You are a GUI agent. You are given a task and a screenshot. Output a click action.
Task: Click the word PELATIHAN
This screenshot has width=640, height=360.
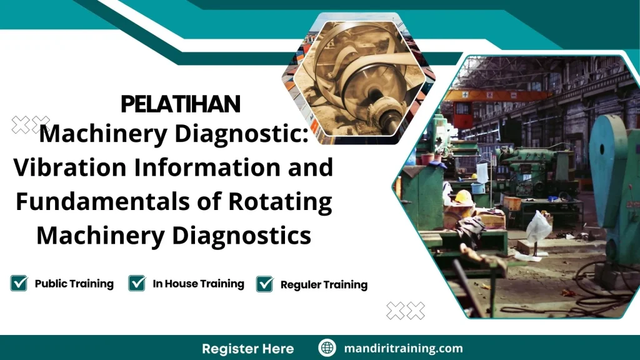click(181, 104)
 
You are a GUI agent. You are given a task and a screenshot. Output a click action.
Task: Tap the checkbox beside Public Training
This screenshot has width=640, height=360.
click(19, 283)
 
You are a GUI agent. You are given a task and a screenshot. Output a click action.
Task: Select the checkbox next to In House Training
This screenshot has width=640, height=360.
click(137, 283)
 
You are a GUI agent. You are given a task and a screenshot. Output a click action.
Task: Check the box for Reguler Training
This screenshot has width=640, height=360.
click(265, 284)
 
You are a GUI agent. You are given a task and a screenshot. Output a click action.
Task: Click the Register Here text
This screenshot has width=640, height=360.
click(247, 348)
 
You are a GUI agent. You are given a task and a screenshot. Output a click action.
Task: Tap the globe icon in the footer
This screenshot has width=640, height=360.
click(327, 348)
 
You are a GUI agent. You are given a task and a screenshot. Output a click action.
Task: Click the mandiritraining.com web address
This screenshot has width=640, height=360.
click(404, 348)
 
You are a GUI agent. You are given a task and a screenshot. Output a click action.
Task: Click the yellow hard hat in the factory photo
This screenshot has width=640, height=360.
click(463, 197)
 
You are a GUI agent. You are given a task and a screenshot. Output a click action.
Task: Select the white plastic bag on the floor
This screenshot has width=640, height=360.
click(538, 227)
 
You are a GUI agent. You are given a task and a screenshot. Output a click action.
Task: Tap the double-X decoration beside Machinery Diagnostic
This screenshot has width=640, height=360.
click(31, 124)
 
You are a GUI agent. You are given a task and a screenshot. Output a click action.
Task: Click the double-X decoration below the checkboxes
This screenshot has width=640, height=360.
click(406, 310)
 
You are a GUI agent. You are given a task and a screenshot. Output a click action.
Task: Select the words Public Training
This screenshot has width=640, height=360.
click(74, 284)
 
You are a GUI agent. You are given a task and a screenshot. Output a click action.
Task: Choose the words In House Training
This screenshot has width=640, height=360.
click(198, 284)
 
